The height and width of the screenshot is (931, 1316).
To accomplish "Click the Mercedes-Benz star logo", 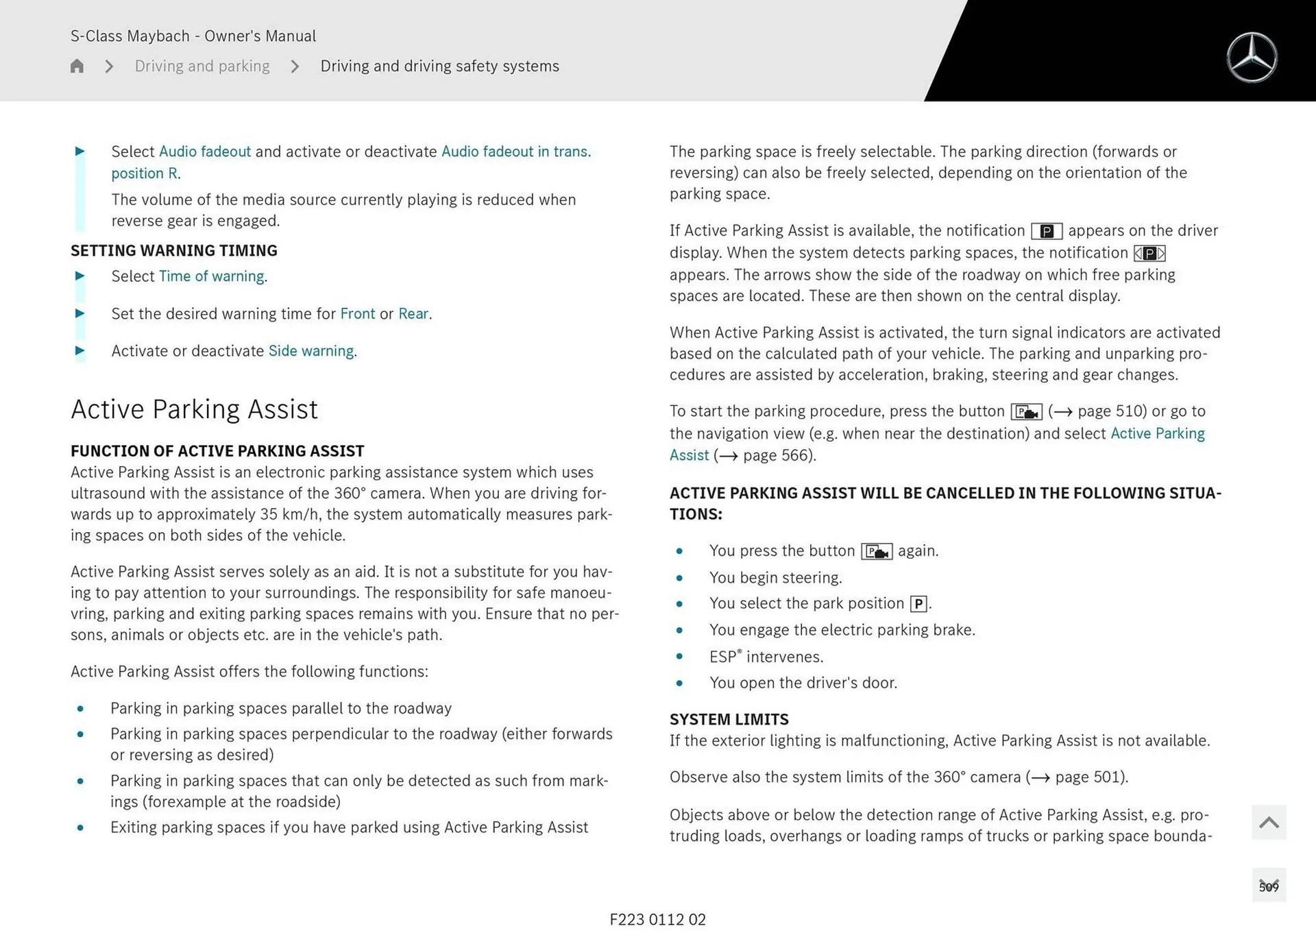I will pyautogui.click(x=1252, y=58).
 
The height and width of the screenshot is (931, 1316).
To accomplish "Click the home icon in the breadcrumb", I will pyautogui.click(x=77, y=66).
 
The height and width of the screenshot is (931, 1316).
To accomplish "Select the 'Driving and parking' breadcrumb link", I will pyautogui.click(x=202, y=66).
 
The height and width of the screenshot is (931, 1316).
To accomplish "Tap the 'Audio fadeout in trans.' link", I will pyautogui.click(x=515, y=152).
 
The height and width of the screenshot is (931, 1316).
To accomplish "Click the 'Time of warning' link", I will pyautogui.click(x=211, y=276).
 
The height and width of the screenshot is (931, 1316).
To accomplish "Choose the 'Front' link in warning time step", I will pyautogui.click(x=357, y=314).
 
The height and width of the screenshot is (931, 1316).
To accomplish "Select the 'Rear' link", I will pyautogui.click(x=413, y=314).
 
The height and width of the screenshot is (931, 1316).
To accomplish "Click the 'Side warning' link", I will pyautogui.click(x=311, y=351).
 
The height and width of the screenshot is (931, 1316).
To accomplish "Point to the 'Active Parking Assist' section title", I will pyautogui.click(x=194, y=409).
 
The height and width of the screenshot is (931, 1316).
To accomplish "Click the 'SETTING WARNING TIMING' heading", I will pyautogui.click(x=173, y=251).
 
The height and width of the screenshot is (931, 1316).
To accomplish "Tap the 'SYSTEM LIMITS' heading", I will pyautogui.click(x=729, y=719).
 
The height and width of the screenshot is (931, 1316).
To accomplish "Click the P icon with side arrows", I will pyautogui.click(x=1149, y=254).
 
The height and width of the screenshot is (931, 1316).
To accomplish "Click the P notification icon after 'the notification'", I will pyautogui.click(x=1046, y=231).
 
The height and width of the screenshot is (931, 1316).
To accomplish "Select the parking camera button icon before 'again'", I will pyautogui.click(x=876, y=551).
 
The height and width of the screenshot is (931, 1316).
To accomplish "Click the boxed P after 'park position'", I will pyautogui.click(x=918, y=604).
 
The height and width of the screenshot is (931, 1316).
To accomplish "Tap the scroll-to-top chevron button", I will pyautogui.click(x=1268, y=822).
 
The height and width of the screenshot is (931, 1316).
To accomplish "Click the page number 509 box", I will pyautogui.click(x=1268, y=886).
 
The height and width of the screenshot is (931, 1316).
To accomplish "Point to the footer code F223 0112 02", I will pyautogui.click(x=657, y=919).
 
